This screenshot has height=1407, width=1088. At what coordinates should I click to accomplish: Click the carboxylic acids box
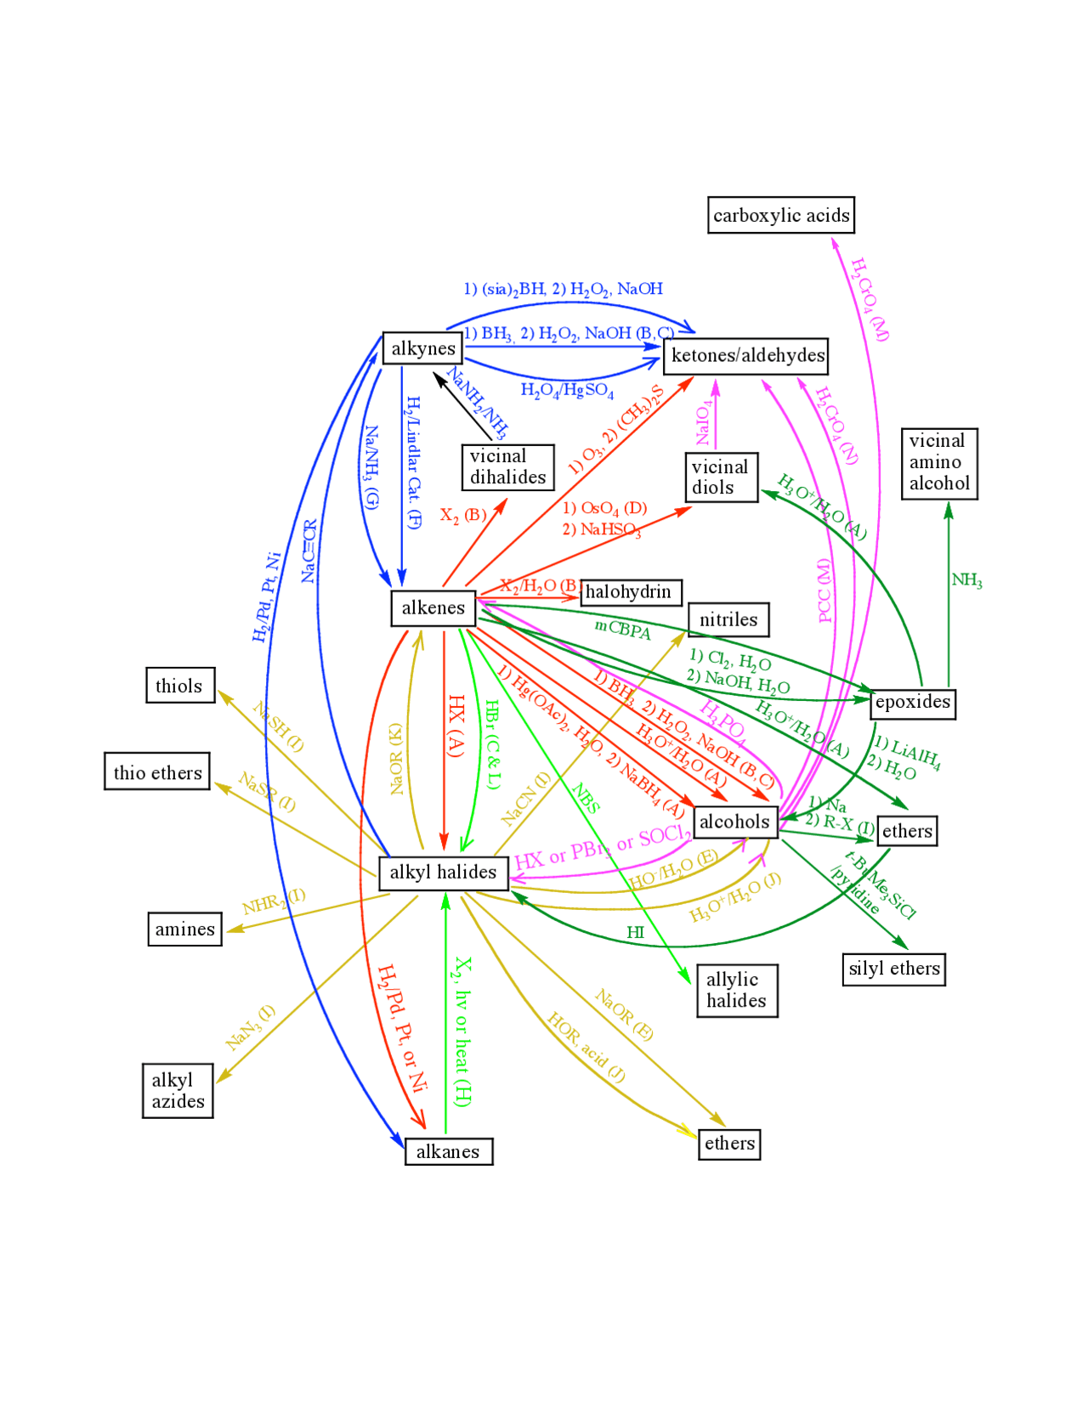click(780, 215)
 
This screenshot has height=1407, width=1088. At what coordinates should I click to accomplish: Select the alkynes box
click(422, 348)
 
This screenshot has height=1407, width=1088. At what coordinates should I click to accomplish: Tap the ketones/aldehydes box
click(745, 355)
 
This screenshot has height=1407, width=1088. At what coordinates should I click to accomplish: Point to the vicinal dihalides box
click(507, 467)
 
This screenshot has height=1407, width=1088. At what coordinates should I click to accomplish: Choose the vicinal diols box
click(722, 477)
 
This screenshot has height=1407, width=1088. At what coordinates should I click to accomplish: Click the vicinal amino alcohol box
click(938, 463)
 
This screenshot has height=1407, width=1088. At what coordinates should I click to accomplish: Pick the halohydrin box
click(630, 592)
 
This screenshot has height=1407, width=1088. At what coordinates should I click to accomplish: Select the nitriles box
click(728, 619)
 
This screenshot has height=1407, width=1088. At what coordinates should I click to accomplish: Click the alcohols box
click(734, 822)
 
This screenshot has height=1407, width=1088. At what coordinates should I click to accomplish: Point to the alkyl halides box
click(443, 873)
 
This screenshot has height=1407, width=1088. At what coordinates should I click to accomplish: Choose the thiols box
click(179, 686)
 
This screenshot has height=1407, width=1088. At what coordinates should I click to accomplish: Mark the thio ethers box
click(157, 772)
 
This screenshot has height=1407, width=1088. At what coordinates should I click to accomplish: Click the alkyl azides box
click(178, 1091)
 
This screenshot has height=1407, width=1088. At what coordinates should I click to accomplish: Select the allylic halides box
click(736, 991)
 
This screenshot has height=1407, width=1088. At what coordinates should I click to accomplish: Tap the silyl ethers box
click(893, 969)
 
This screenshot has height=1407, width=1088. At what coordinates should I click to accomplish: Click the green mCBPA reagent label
click(622, 630)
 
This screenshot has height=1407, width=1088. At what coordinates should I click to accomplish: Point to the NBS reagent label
click(586, 799)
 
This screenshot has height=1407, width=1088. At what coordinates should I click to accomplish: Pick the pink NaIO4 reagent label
click(704, 423)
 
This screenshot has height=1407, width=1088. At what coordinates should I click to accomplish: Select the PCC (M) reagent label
click(824, 590)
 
